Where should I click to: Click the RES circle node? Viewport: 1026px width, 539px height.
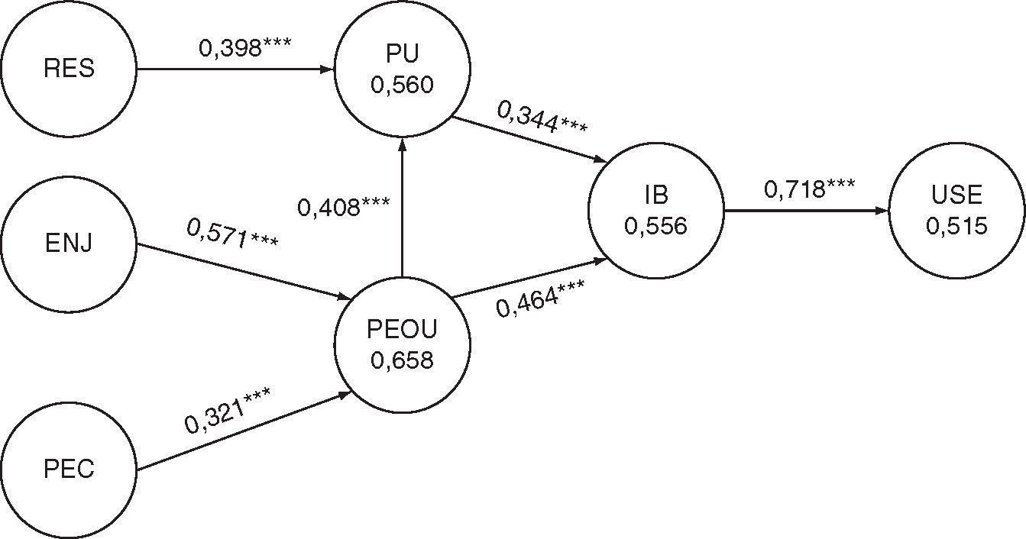point(69,69)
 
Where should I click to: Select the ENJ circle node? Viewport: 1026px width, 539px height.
point(69,244)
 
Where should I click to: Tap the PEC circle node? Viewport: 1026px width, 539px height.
point(69,468)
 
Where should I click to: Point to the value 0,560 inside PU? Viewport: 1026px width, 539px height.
point(402,84)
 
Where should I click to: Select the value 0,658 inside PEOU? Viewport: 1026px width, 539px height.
point(402,358)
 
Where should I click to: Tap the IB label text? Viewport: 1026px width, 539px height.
point(655,195)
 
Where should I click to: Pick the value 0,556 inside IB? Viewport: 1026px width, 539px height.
point(655,225)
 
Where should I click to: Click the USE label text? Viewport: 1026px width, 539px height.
point(956,195)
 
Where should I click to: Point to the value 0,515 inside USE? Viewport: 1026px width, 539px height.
point(956,225)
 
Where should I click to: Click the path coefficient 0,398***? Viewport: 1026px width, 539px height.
point(244,47)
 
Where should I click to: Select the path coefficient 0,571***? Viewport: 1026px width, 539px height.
point(232,233)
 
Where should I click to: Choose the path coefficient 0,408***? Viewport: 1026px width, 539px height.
point(344,206)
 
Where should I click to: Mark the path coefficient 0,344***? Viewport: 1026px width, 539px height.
point(542,118)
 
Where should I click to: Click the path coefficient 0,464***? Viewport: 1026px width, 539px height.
point(540,299)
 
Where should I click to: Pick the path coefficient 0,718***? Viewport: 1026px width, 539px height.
point(810,189)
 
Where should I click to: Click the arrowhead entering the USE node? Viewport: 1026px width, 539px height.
point(882,210)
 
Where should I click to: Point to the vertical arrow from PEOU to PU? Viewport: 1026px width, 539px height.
point(402,206)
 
